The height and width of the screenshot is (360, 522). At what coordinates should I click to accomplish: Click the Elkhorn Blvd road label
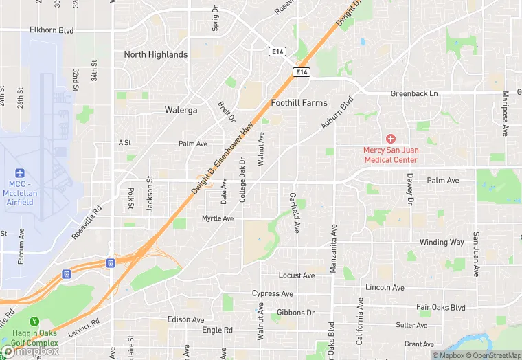tap(52, 30)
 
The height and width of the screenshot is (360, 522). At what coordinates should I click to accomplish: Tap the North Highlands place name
tap(155, 54)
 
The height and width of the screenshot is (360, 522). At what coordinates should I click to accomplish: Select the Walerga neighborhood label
tap(181, 110)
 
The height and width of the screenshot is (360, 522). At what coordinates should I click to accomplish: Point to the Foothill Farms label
tap(299, 103)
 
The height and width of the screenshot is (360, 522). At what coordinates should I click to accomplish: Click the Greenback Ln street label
tap(414, 93)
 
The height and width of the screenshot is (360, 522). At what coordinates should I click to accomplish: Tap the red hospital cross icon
tap(390, 139)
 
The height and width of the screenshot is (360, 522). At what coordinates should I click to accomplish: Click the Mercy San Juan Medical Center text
tap(390, 155)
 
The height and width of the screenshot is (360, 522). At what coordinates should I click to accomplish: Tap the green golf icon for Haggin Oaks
tap(33, 321)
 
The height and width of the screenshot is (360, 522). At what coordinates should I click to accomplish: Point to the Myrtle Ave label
tap(218, 218)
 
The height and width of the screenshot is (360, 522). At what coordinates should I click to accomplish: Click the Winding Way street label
tap(442, 243)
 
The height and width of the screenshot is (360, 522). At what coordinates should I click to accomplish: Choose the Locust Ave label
tap(297, 275)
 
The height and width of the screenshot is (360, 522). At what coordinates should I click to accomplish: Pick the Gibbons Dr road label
tap(296, 313)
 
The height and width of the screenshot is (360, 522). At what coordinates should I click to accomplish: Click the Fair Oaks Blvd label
tap(441, 307)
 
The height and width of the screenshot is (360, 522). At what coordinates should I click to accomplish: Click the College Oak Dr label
tap(242, 181)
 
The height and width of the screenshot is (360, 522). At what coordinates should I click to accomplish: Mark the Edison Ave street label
tap(185, 320)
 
